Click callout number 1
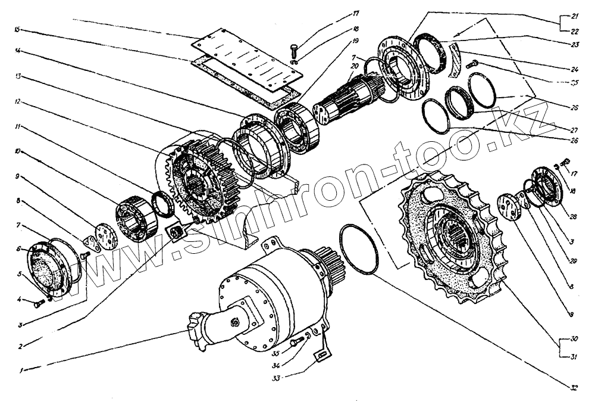point(21,370)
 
